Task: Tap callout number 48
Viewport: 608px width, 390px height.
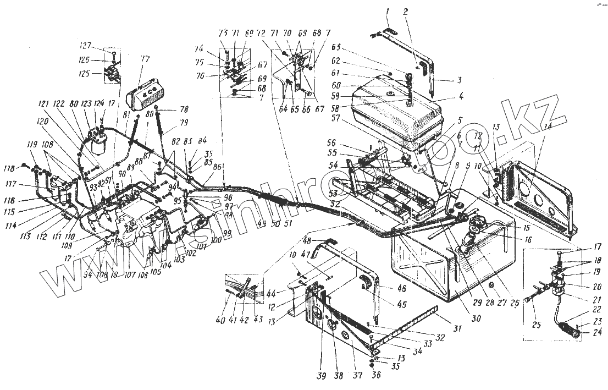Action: coord(306,240)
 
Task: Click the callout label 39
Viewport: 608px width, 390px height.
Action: coord(321,376)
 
